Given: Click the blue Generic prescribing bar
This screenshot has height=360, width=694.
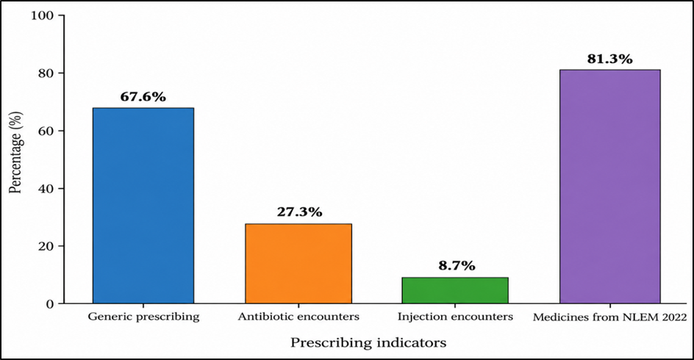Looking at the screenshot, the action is click(x=143, y=206).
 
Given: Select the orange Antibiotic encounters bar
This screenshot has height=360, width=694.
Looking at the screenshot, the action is click(x=298, y=264).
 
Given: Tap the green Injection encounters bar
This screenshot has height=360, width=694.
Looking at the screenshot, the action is click(x=455, y=290).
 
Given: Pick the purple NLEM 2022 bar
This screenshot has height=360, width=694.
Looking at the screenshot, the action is click(x=610, y=187).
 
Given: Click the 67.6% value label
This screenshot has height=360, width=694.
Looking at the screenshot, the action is click(x=143, y=97).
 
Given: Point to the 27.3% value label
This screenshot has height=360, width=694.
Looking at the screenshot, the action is click(x=300, y=212).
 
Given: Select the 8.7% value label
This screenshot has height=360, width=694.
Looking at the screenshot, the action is click(x=456, y=266).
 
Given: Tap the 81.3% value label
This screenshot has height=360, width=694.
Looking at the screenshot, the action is click(x=610, y=59).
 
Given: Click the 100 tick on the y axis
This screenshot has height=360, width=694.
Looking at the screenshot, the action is click(x=42, y=15).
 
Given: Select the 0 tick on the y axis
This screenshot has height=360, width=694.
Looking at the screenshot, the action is click(x=50, y=304).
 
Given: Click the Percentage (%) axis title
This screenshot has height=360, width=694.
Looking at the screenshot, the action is click(x=15, y=152).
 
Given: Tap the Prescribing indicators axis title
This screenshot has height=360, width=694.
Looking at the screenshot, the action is click(x=368, y=343).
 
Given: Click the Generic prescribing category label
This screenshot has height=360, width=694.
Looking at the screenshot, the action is click(x=143, y=317).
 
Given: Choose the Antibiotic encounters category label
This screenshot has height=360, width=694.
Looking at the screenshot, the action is click(x=298, y=317).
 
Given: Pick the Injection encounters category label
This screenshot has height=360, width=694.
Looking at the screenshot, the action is click(x=455, y=317).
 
